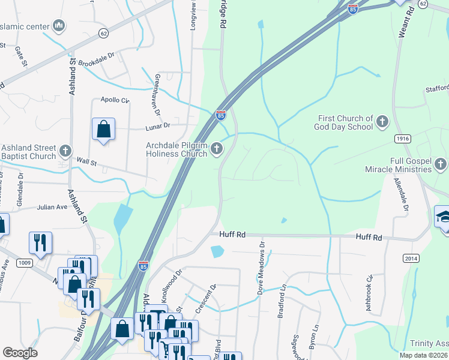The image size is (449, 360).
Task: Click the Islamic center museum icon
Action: tap(59, 26)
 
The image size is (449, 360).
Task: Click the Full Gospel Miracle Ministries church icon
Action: tap(441, 164)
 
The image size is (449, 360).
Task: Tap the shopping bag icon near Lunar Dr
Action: tap(103, 129)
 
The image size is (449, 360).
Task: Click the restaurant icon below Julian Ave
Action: tap(40, 242)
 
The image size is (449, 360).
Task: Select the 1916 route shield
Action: tap(403, 139)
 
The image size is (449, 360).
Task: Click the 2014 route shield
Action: tap(411, 257)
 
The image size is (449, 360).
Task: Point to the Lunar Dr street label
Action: tap(158, 127)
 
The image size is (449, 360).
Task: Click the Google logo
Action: tap(20, 353)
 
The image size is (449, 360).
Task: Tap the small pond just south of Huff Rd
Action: tap(217, 251)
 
